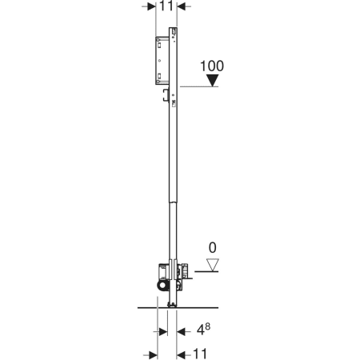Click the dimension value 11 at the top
click(x=166, y=6)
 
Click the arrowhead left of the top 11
click(x=151, y=6)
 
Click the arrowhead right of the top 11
click(x=181, y=6)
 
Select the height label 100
click(x=212, y=66)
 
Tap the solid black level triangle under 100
click(x=213, y=80)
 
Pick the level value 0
click(x=212, y=248)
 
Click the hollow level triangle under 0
click(x=213, y=265)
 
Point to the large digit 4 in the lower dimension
click(x=201, y=331)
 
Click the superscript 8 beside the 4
click(x=208, y=326)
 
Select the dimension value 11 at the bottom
click(x=200, y=354)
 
